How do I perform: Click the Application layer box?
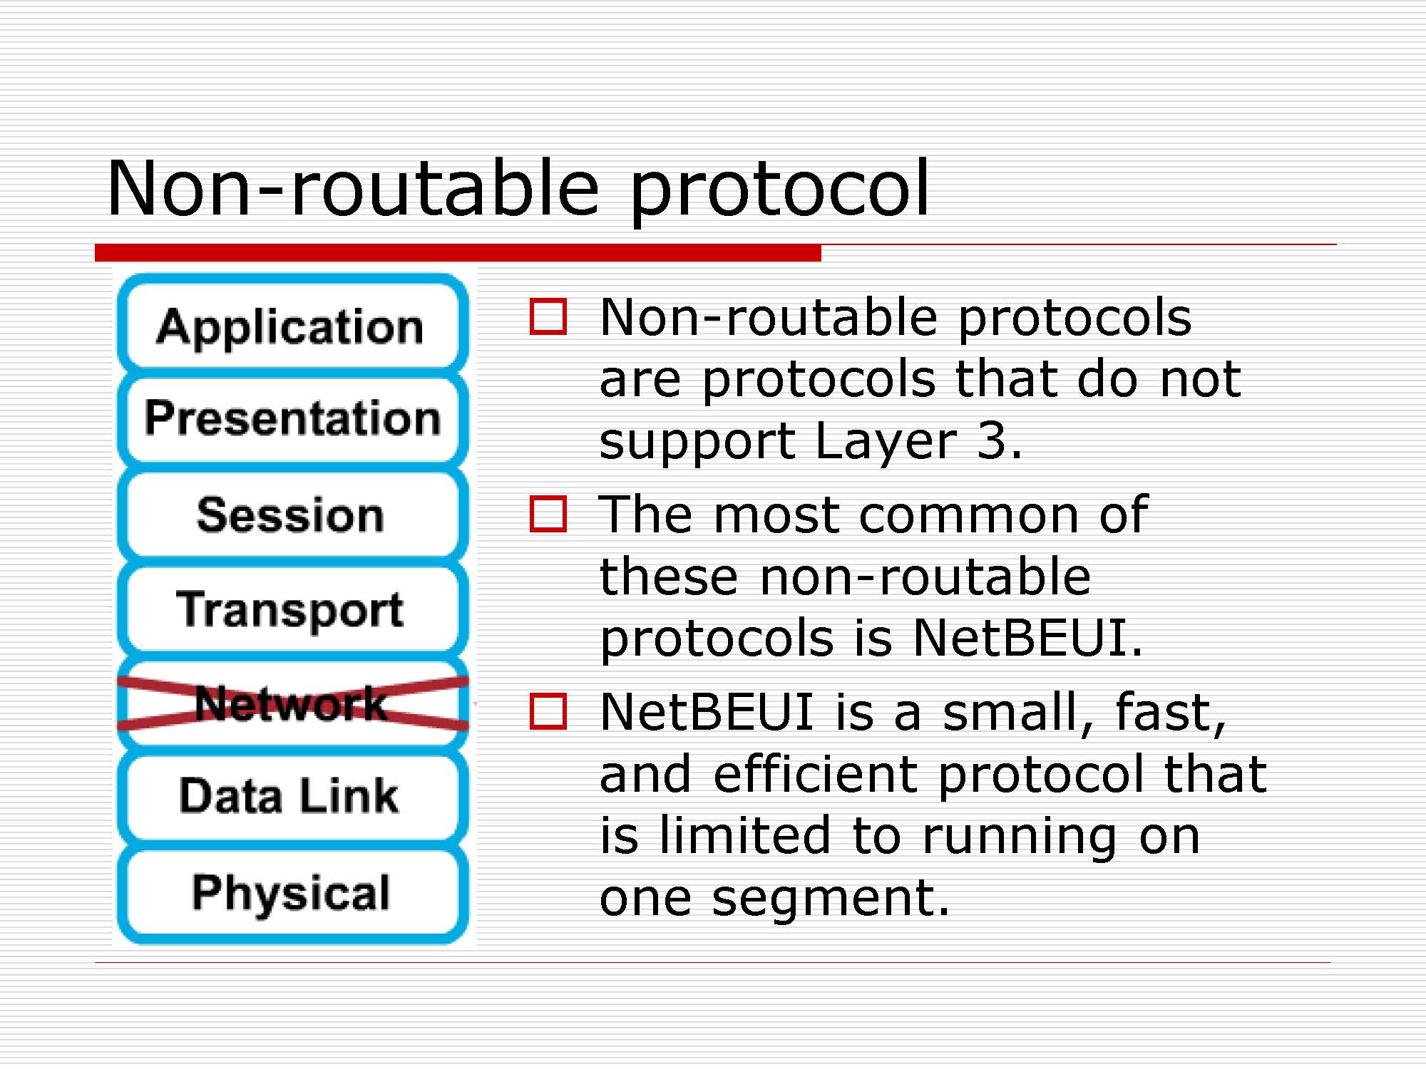tap(292, 324)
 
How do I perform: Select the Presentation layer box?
tap(292, 418)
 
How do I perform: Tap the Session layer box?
tap(292, 514)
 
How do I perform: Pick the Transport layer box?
tap(292, 609)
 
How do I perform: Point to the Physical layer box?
tap(292, 893)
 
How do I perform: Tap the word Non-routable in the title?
tap(354, 187)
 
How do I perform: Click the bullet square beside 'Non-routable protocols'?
tap(548, 316)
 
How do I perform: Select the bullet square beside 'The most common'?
tap(548, 514)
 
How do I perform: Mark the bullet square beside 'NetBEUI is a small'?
tap(548, 711)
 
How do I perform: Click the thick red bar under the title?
tap(458, 252)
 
